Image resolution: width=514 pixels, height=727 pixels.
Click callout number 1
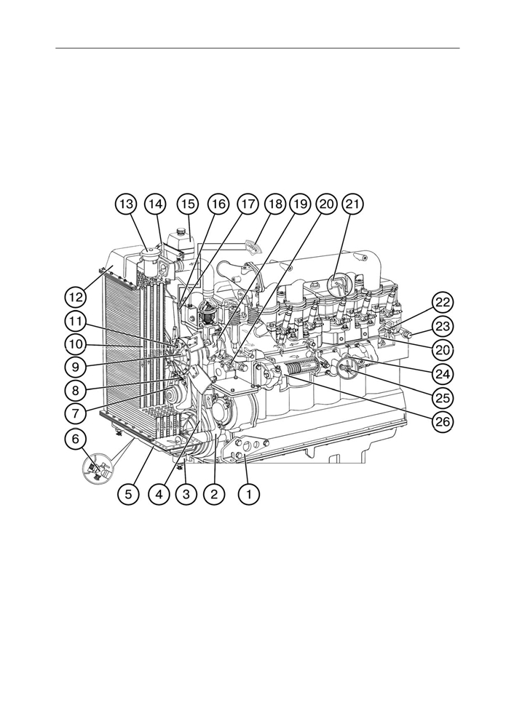[x=249, y=494]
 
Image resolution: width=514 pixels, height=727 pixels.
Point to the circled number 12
[x=76, y=296]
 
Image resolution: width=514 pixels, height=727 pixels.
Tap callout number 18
[x=275, y=204]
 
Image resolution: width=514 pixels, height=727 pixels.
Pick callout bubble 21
[x=352, y=204]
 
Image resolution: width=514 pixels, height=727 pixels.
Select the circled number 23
[x=443, y=327]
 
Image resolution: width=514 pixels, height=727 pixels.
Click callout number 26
[x=443, y=421]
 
